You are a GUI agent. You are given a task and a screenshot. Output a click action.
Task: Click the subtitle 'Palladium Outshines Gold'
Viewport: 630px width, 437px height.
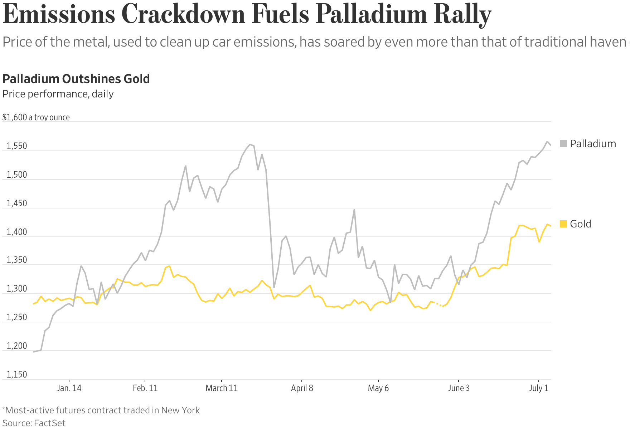[x=76, y=79]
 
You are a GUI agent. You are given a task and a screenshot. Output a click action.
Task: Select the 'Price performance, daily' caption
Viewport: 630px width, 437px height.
[x=58, y=94]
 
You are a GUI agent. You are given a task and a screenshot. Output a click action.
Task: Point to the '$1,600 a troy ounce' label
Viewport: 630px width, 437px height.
[x=36, y=117]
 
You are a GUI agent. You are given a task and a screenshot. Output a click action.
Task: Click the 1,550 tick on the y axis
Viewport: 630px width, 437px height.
[x=17, y=146]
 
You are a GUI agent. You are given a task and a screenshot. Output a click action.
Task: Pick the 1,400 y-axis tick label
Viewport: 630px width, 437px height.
[x=17, y=232]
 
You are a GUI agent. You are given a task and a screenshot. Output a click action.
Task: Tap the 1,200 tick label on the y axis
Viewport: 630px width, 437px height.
[x=17, y=346]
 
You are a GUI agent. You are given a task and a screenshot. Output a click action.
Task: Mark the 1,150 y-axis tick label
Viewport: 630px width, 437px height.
[x=17, y=375]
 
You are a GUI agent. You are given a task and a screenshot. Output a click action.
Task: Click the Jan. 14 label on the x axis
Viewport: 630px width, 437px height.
[x=69, y=388]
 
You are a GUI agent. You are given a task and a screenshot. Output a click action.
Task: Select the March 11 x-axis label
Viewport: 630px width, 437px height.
[x=222, y=388]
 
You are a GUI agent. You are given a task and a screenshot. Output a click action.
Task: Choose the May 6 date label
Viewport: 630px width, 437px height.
[x=378, y=388]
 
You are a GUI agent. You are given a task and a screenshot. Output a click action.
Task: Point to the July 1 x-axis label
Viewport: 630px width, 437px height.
[x=538, y=388]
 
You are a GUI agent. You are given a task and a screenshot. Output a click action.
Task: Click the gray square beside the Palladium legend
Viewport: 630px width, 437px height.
[x=563, y=144]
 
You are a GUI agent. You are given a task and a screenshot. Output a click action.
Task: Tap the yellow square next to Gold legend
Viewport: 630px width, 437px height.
[x=563, y=224]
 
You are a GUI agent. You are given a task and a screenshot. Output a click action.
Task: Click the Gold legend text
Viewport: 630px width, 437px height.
[x=580, y=224]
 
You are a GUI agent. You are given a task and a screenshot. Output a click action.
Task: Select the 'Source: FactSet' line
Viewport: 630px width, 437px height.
[x=34, y=423]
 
